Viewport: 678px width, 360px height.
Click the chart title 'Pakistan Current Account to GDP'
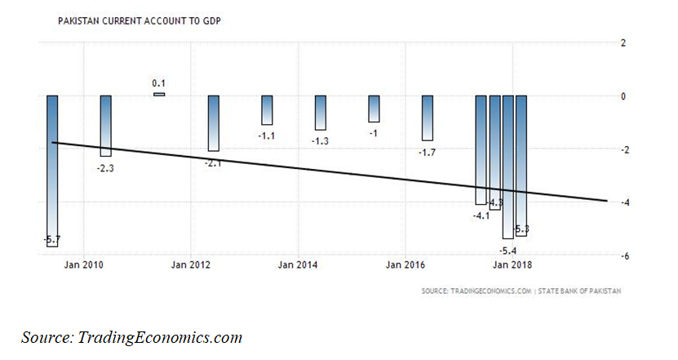[x=140, y=18]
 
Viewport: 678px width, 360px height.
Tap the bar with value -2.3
[x=106, y=126]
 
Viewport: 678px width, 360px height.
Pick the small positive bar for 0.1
[x=159, y=94]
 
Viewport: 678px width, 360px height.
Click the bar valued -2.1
[x=214, y=123]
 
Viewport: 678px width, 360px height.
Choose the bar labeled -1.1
[x=267, y=110]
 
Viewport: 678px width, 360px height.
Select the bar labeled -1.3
[x=321, y=113]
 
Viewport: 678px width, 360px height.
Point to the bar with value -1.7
[x=428, y=118]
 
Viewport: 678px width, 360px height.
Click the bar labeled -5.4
[x=507, y=167]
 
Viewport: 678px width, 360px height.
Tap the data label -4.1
[x=481, y=216]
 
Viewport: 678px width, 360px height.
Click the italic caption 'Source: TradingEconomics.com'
[x=132, y=336]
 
